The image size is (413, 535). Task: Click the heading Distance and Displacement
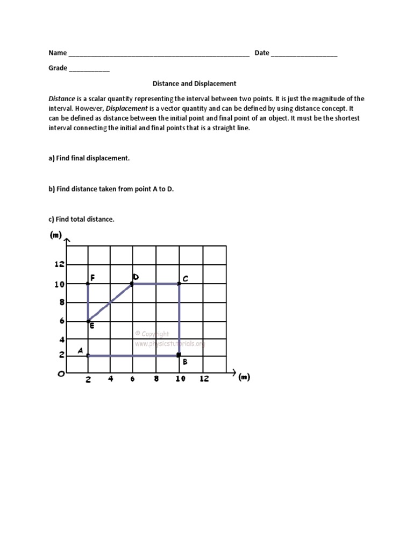194,84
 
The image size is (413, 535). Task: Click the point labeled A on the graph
88,355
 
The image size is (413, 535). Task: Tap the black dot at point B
179,355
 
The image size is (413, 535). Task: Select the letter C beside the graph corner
185,279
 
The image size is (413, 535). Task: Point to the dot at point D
133,284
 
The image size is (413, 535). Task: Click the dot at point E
88,321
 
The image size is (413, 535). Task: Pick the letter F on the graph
93,278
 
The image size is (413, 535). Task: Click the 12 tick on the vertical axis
59,264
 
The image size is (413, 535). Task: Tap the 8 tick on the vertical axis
62,302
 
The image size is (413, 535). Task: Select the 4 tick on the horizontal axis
111,378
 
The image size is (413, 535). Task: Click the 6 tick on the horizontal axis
133,378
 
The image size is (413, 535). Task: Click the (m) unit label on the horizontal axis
244,377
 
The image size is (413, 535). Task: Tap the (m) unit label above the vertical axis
55,235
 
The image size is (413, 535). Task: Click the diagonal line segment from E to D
110,302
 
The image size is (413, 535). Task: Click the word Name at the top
58,53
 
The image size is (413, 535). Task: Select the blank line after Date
304,54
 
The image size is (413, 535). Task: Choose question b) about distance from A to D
111,189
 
